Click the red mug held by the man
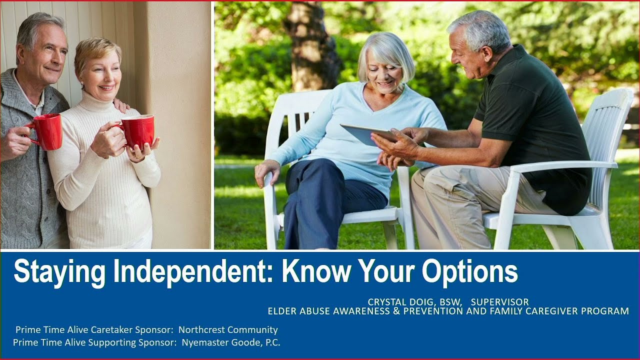47,131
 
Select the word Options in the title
469,272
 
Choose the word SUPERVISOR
499,302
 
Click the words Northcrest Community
228,330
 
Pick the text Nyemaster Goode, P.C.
231,342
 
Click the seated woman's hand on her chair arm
265,172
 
